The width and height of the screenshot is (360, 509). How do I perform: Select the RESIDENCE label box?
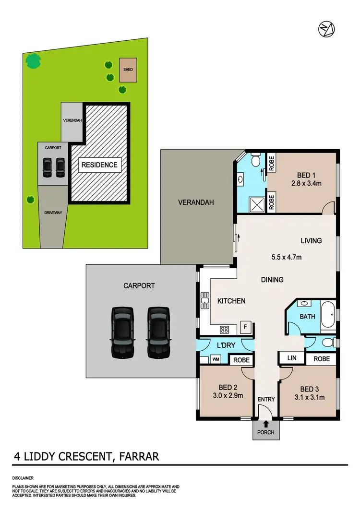[x=99, y=165]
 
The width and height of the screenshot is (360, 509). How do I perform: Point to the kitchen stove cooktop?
[x=224, y=329]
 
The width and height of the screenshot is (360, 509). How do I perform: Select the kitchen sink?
[x=205, y=300]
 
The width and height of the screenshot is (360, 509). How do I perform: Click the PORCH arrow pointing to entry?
[x=265, y=424]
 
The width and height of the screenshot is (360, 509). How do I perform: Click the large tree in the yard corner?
[x=33, y=60]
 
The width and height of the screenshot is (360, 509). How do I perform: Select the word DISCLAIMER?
[x=24, y=478]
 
